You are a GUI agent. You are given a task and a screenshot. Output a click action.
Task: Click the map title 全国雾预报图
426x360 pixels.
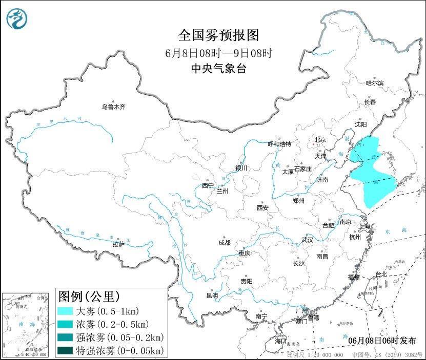219,35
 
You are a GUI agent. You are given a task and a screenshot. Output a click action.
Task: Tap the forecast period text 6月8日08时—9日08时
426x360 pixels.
218,53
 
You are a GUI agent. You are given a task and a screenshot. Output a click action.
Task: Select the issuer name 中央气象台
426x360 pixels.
218,69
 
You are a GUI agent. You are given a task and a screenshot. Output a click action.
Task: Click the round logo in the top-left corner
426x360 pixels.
17,18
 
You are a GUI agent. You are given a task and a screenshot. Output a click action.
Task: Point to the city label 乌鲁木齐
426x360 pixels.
113,107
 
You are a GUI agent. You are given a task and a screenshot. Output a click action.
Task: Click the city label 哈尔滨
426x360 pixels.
375,83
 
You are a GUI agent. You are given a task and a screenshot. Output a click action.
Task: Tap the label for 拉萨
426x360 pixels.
118,244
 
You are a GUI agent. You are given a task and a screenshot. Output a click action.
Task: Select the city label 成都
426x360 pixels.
224,242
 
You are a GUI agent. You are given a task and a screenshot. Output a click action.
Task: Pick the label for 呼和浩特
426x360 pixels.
279,144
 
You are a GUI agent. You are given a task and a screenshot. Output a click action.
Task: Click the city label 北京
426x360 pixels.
320,139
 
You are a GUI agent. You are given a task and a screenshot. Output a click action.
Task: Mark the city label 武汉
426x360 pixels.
307,240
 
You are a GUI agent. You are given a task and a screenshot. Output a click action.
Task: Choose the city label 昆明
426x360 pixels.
212,295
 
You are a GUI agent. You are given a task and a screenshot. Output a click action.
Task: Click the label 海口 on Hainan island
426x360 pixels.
280,341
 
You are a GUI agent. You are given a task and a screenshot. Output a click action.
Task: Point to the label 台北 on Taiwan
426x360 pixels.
381,274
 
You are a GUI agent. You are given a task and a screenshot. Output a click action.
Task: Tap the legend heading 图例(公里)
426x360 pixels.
89,296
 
